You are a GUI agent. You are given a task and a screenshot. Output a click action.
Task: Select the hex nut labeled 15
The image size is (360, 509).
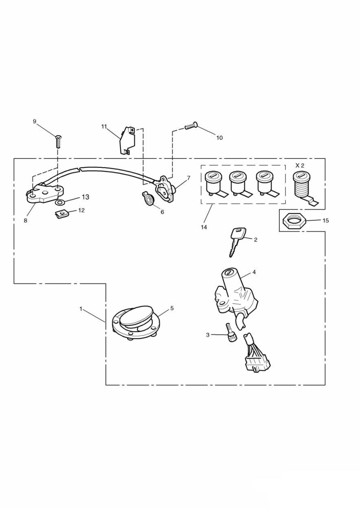pos(294,220)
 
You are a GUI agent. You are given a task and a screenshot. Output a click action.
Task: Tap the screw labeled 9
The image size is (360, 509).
pos(59,141)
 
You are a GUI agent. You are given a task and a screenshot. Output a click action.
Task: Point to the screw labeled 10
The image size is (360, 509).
pos(191,126)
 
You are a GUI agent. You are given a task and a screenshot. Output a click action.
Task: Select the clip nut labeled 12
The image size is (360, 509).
pos(61,214)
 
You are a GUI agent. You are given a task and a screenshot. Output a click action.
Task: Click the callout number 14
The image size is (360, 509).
pos(204,227)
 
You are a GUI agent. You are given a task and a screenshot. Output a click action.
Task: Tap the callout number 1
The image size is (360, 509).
pos(81,309)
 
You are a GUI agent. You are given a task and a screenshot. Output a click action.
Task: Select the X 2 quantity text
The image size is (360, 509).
pos(300,165)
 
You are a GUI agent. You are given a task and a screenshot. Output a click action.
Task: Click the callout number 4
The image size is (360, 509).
pos(254,272)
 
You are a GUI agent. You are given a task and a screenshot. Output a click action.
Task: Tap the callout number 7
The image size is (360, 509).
pos(189,178)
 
